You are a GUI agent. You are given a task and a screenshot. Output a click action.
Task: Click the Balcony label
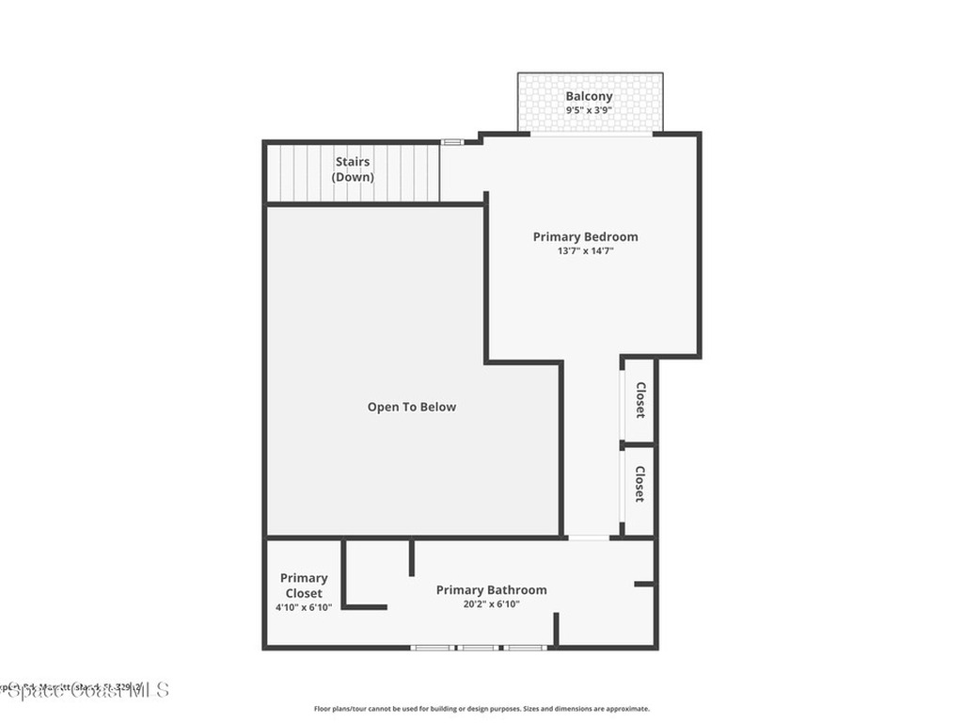click(589, 96)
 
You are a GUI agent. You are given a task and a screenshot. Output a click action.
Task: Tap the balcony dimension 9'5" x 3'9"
click(589, 110)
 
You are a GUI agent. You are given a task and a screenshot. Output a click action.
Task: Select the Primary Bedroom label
click(585, 237)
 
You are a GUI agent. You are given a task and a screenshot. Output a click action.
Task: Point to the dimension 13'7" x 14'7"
click(585, 251)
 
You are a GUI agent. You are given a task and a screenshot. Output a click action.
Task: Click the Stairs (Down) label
click(353, 169)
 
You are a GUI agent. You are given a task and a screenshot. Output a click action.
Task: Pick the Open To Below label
click(411, 407)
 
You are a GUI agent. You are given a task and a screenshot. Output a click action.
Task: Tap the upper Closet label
click(639, 399)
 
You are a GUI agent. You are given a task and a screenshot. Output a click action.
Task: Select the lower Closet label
click(639, 484)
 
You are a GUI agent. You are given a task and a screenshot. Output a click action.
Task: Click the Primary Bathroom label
click(491, 590)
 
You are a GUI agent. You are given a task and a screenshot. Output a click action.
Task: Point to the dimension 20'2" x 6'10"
click(491, 604)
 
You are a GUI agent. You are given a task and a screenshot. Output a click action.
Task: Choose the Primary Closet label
click(304, 586)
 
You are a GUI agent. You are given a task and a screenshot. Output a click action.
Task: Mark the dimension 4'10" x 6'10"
click(304, 607)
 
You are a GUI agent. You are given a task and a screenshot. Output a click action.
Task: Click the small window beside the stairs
click(452, 142)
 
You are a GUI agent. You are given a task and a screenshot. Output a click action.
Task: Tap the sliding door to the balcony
click(591, 134)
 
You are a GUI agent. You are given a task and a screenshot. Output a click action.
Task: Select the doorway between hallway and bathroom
click(589, 538)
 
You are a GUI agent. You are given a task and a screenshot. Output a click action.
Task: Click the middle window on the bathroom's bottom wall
click(479, 648)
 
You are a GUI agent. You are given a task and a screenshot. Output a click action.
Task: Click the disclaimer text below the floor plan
click(481, 709)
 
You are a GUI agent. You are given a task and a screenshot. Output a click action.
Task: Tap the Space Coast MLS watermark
click(85, 690)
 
